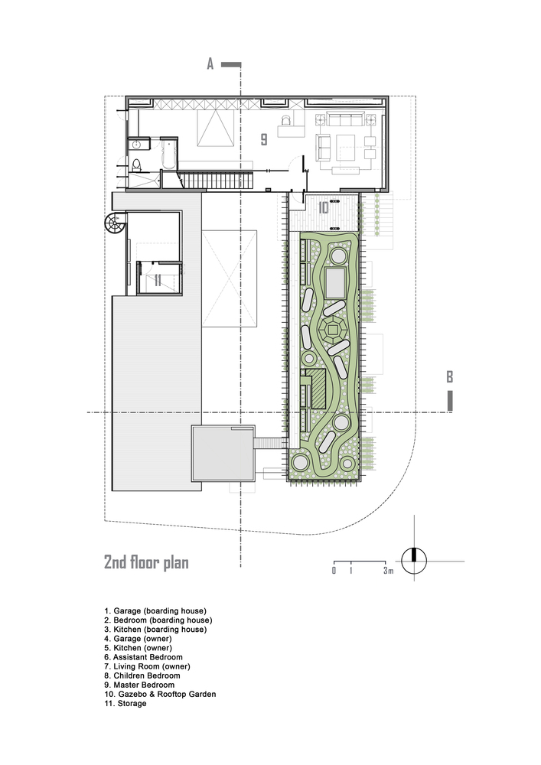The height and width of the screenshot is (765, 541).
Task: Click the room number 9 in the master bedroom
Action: pos(263,139)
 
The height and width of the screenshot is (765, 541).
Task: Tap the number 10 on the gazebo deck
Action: pos(323,207)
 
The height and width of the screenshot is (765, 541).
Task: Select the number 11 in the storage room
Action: pos(157,280)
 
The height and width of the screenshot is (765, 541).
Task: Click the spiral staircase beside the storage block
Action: pos(114,224)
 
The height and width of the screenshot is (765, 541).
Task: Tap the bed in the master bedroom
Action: pos(217,126)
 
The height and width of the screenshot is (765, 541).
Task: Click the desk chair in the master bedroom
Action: pos(287,120)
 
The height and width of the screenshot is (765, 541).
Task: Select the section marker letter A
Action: pos(210,65)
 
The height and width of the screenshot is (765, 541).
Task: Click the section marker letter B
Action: pos(450,376)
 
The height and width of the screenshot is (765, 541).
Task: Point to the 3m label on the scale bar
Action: pos(389,571)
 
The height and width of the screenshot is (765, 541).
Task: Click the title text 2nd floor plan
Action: pos(146,562)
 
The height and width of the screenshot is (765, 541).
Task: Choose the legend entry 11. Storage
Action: pos(125,703)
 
